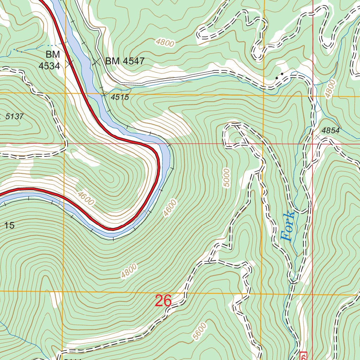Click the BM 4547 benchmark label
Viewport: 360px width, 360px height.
(x=125, y=61)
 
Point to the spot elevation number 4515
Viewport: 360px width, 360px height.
(x=120, y=97)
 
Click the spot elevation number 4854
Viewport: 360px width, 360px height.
(x=330, y=131)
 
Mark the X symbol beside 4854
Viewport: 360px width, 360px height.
(x=318, y=137)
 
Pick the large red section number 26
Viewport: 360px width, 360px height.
(x=163, y=301)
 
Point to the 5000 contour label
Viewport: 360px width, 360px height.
(x=226, y=178)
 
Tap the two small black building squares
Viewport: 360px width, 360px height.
(x=280, y=75)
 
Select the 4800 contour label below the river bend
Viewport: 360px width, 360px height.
(x=128, y=271)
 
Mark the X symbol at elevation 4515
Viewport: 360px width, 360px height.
(x=104, y=94)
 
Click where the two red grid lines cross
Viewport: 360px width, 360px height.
(x=313, y=143)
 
